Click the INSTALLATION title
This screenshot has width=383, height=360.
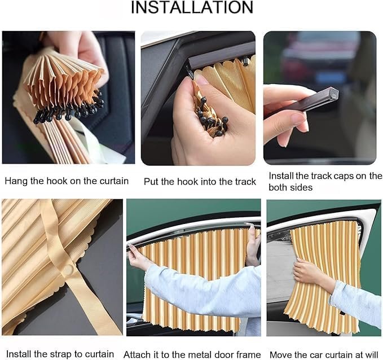[192, 7]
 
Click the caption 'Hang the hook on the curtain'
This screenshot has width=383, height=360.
[67, 181]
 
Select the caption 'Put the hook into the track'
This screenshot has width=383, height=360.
[200, 181]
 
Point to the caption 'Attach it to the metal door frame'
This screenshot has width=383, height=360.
[192, 354]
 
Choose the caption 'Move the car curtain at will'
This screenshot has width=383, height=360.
[324, 354]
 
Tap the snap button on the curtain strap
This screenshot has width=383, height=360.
[68, 270]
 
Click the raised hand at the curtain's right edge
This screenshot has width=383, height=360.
[253, 243]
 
